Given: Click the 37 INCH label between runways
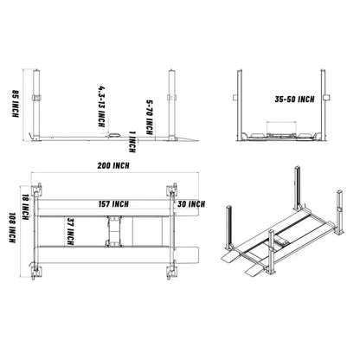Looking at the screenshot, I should coord(69,235).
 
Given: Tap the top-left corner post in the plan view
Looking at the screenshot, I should coord(35,193).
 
